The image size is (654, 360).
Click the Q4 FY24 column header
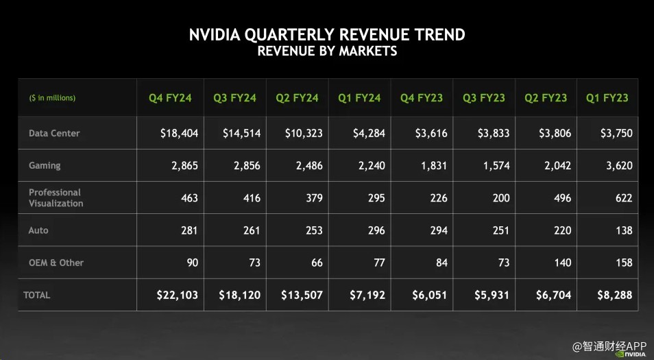[x=170, y=98]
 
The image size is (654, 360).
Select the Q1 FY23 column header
[x=607, y=98]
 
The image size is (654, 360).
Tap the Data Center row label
[x=54, y=133]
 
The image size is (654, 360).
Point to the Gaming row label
[x=45, y=165]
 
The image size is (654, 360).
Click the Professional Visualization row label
[x=56, y=197]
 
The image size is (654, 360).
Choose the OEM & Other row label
[x=56, y=263]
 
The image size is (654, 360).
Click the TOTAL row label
[x=37, y=295]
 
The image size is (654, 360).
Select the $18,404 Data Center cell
[x=179, y=133]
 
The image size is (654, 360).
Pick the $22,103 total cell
[x=177, y=295]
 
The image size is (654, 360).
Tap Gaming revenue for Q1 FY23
[x=618, y=165]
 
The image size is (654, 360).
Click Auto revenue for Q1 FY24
[x=372, y=230]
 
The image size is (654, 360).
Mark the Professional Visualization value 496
[x=562, y=198]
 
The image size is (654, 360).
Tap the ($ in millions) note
[x=52, y=98]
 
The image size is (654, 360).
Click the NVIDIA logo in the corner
[x=629, y=354]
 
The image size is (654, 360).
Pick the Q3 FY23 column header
[x=484, y=98]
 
